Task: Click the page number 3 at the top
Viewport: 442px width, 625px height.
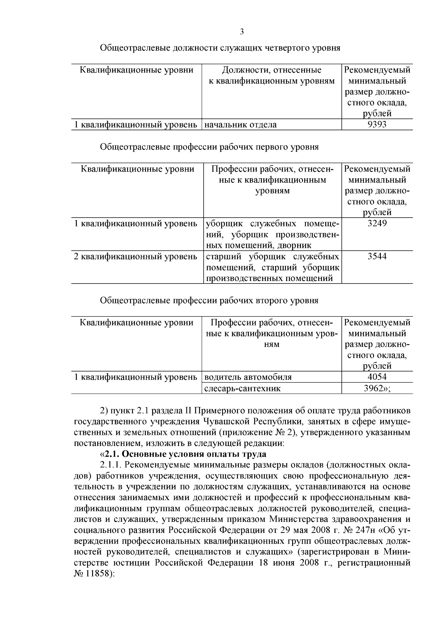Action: point(242,32)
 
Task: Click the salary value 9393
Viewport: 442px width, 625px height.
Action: point(377,124)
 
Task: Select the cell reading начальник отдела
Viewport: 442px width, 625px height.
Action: point(240,125)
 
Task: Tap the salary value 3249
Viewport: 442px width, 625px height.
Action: point(377,223)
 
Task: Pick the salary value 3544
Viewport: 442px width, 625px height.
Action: point(377,256)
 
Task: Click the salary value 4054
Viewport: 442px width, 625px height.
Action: point(377,377)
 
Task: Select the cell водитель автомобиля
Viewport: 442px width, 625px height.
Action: point(248,377)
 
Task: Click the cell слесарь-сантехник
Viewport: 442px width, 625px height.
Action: point(242,388)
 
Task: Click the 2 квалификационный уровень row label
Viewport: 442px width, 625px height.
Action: point(136,256)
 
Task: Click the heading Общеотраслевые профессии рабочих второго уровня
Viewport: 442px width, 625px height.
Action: point(209,301)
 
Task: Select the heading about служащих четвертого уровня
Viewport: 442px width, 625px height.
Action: point(220,48)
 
